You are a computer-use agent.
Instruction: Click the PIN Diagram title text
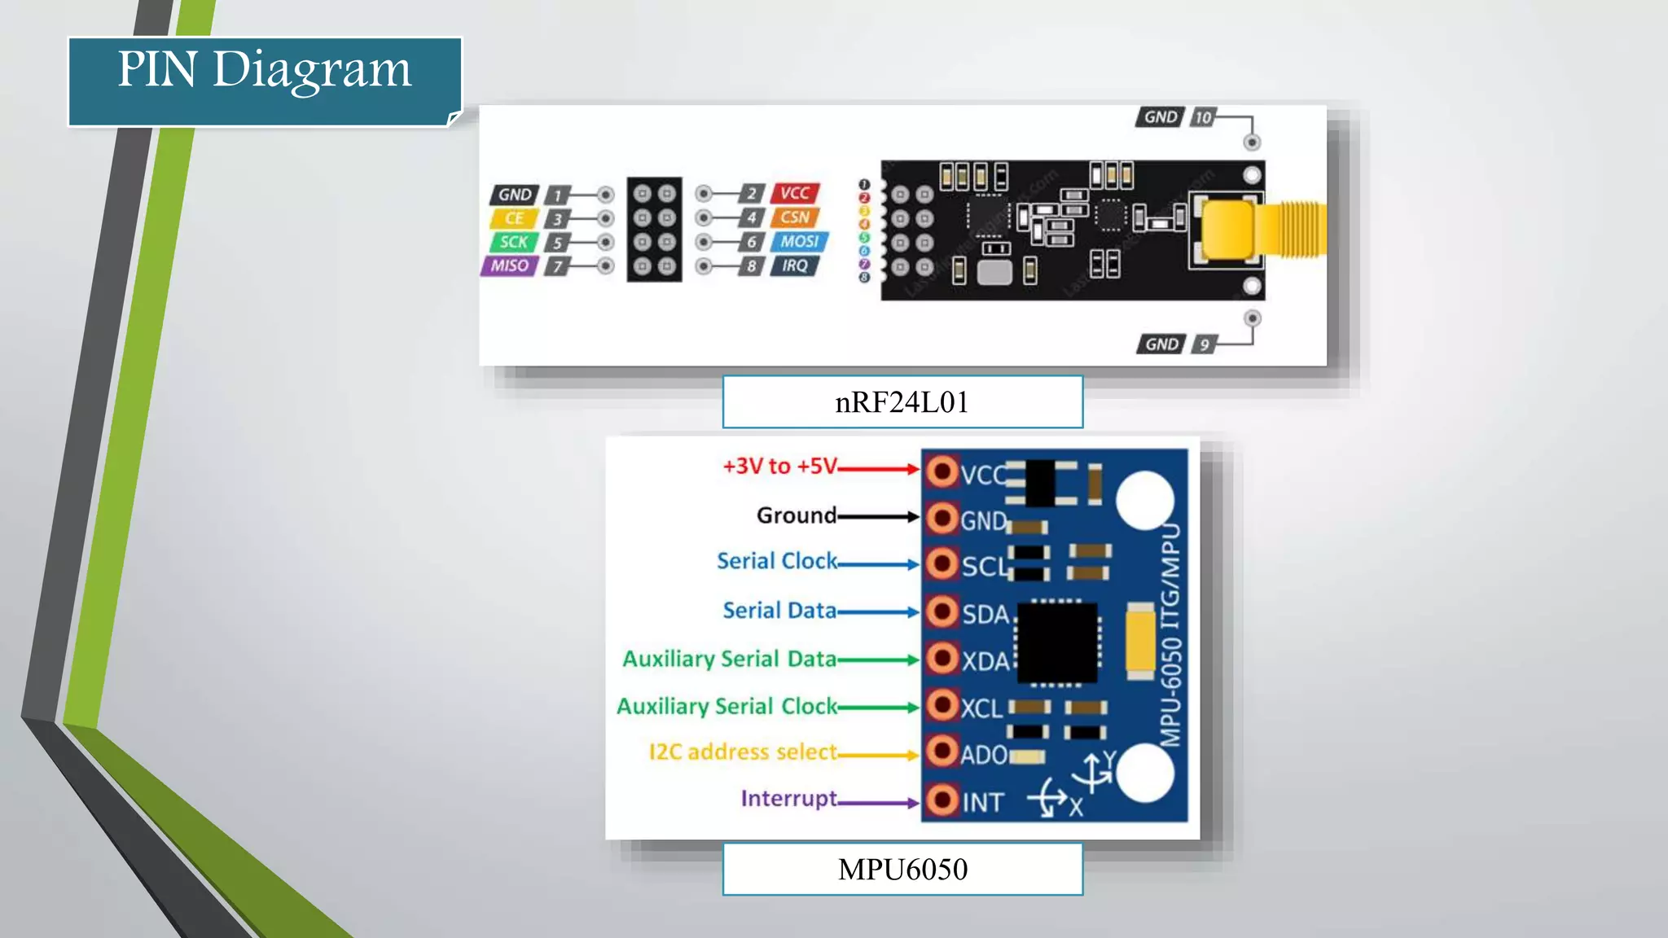click(x=265, y=70)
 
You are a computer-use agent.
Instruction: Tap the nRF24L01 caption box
click(x=902, y=402)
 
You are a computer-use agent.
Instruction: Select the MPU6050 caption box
click(x=902, y=870)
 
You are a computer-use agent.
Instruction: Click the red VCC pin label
click(x=794, y=193)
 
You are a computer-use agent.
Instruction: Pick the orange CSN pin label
click(x=794, y=217)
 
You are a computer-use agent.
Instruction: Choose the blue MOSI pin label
click(x=798, y=242)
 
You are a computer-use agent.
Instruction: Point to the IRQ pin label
click(x=794, y=265)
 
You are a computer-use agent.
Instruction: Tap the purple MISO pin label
click(x=509, y=265)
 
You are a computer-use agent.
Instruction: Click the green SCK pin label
click(x=513, y=242)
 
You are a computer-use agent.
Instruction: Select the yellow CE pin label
click(x=513, y=218)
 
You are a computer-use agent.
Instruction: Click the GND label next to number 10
click(x=1160, y=117)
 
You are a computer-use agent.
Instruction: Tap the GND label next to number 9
click(x=1161, y=344)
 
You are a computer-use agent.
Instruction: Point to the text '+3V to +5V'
click(x=779, y=467)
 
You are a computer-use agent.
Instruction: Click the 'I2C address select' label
click(x=742, y=752)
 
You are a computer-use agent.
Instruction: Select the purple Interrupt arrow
click(x=877, y=803)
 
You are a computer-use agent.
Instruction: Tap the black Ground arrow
click(x=877, y=516)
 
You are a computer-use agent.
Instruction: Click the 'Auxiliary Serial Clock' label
click(x=726, y=706)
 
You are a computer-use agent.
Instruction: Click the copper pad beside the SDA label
click(x=942, y=611)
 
